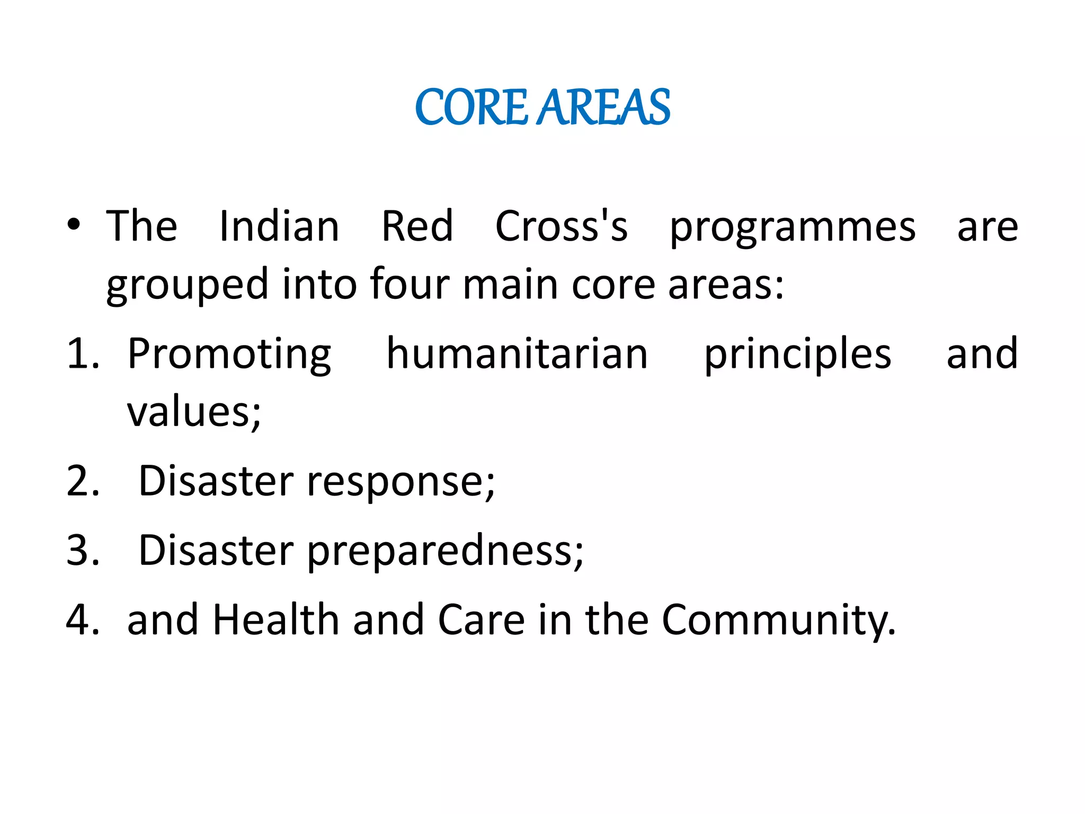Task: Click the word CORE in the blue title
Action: click(471, 108)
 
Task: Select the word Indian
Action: click(279, 226)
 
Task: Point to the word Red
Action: click(417, 226)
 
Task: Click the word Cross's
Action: click(561, 226)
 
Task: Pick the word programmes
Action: click(793, 229)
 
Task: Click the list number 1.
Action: click(83, 354)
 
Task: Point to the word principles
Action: click(797, 356)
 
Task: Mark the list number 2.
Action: click(83, 481)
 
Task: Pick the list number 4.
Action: click(83, 620)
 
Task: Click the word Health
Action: click(276, 620)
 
